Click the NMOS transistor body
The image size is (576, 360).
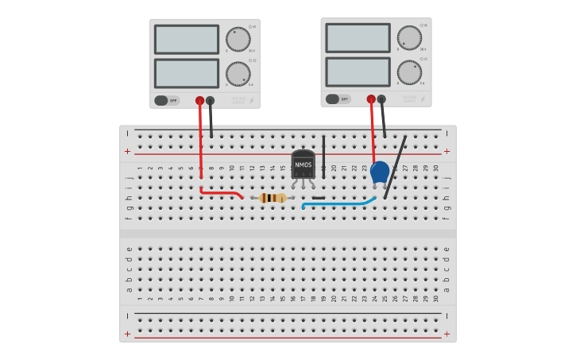(303, 165)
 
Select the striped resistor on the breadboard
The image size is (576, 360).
(273, 198)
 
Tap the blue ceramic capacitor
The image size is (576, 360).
(380, 172)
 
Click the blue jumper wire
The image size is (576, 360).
(338, 204)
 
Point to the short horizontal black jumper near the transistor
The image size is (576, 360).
(319, 197)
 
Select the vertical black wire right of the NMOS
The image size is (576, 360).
(323, 155)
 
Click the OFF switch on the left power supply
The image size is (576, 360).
(166, 100)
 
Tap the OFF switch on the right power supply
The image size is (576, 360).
(337, 99)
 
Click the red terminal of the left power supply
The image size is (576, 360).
(200, 100)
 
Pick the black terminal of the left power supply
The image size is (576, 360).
(211, 100)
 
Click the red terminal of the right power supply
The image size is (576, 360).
(371, 99)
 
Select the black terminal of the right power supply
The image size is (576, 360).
(381, 99)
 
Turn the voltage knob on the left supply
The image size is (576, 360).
(238, 39)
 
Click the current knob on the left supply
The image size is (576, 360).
(238, 74)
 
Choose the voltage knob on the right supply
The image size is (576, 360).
(409, 37)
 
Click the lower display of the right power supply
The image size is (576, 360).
(358, 72)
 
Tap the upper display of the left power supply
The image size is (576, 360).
(187, 39)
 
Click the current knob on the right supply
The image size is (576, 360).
(409, 72)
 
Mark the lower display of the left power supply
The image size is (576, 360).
(187, 73)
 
